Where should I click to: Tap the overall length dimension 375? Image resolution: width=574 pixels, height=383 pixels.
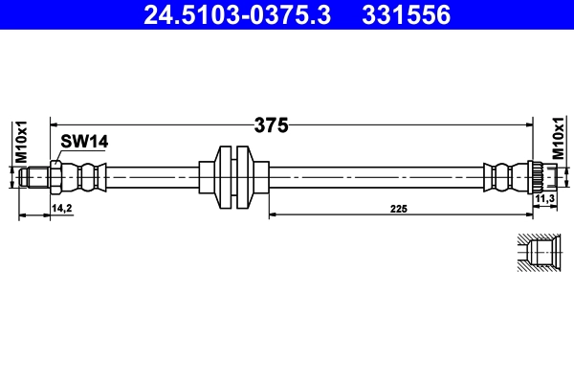coord(271,124)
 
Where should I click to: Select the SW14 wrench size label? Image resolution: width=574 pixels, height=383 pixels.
coord(83,142)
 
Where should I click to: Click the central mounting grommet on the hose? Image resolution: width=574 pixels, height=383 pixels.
coord(232,176)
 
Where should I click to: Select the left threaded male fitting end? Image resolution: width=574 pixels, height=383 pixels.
coord(36,177)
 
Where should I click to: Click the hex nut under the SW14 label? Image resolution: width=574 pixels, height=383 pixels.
coord(56,177)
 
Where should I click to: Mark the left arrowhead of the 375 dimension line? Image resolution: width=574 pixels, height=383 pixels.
coord(55,124)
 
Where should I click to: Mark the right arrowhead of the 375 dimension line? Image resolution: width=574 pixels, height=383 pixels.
coord(529,124)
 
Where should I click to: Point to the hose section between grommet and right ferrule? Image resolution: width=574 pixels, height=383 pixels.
coord(373,176)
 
